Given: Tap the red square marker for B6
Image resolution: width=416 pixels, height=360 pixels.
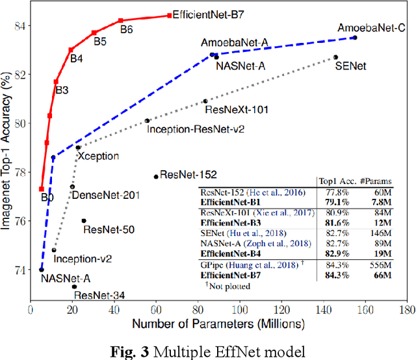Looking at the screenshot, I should (120, 21).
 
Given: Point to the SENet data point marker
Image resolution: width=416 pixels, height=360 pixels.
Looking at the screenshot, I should (335, 57).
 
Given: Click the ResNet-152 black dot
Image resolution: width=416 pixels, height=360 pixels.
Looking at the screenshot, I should (156, 176).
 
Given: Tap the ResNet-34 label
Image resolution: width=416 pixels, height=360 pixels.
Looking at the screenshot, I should (99, 296).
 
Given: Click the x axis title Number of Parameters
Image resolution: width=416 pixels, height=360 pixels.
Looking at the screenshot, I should (220, 323).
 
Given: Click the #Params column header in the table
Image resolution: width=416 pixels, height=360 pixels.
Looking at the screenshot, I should (370, 181).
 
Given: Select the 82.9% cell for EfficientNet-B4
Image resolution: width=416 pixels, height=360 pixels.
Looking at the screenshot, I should (330, 253).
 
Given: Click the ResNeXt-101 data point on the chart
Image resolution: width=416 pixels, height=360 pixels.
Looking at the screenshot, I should (205, 101).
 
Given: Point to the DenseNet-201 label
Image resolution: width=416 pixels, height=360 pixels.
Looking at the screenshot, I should (105, 195).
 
